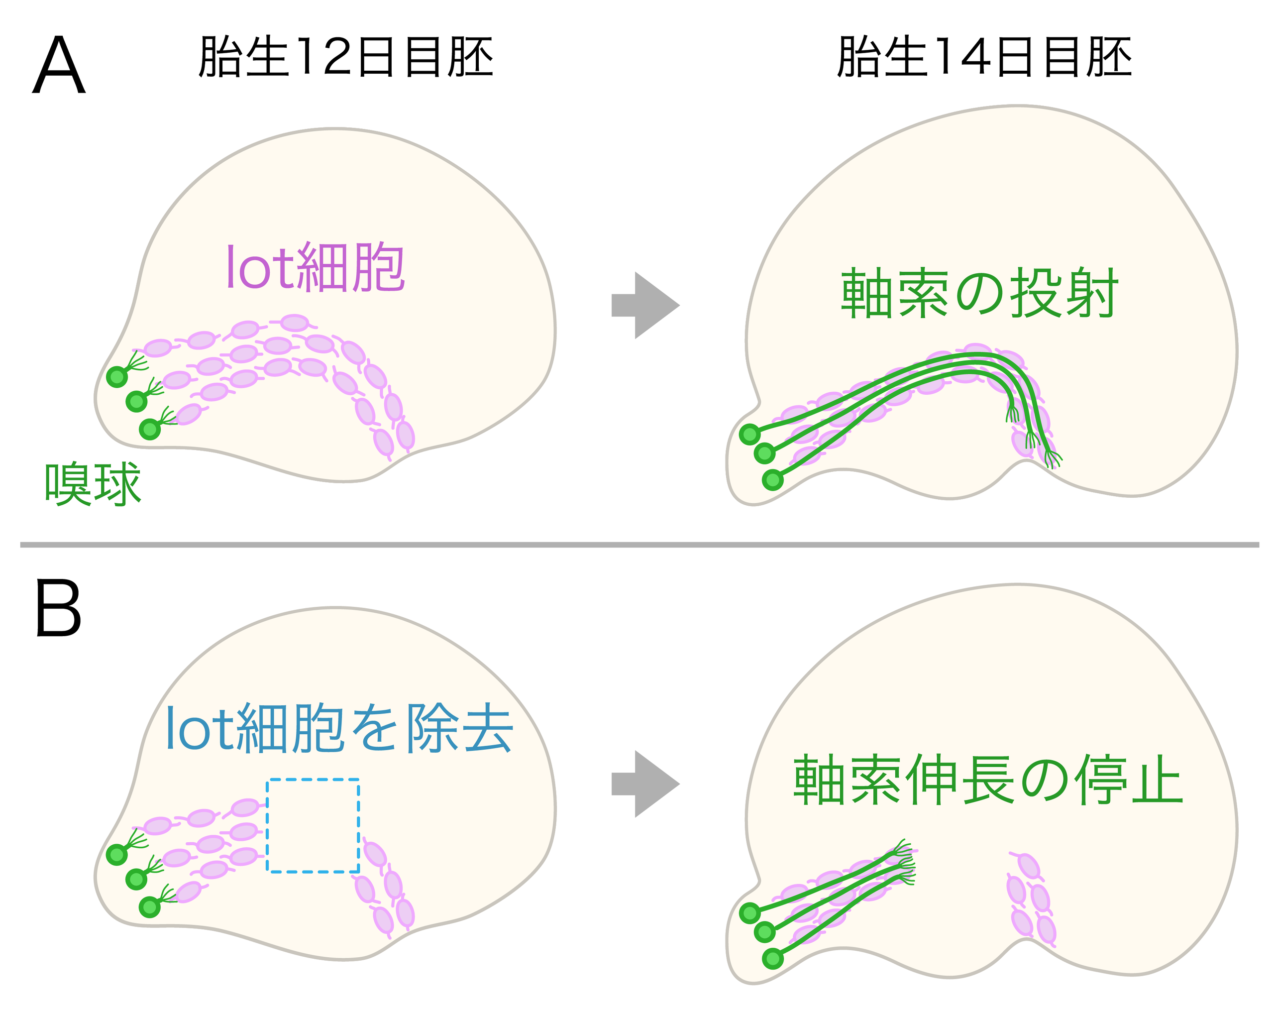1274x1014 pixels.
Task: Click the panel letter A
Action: tap(59, 66)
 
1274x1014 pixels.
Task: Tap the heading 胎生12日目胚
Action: tap(346, 57)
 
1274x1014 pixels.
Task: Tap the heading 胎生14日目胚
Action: tap(984, 57)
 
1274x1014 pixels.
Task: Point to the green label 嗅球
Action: tap(93, 484)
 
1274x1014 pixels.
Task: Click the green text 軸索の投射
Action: tap(979, 293)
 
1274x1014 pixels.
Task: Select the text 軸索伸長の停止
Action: tap(987, 780)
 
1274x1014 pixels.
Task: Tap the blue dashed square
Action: tap(313, 825)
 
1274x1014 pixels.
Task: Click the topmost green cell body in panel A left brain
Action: tap(117, 376)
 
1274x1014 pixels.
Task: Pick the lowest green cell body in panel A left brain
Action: tap(149, 429)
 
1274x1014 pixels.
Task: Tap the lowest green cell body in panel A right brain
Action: tap(773, 480)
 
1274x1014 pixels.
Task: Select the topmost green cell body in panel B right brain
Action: tap(750, 913)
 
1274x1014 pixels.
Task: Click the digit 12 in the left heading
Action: tap(324, 57)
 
